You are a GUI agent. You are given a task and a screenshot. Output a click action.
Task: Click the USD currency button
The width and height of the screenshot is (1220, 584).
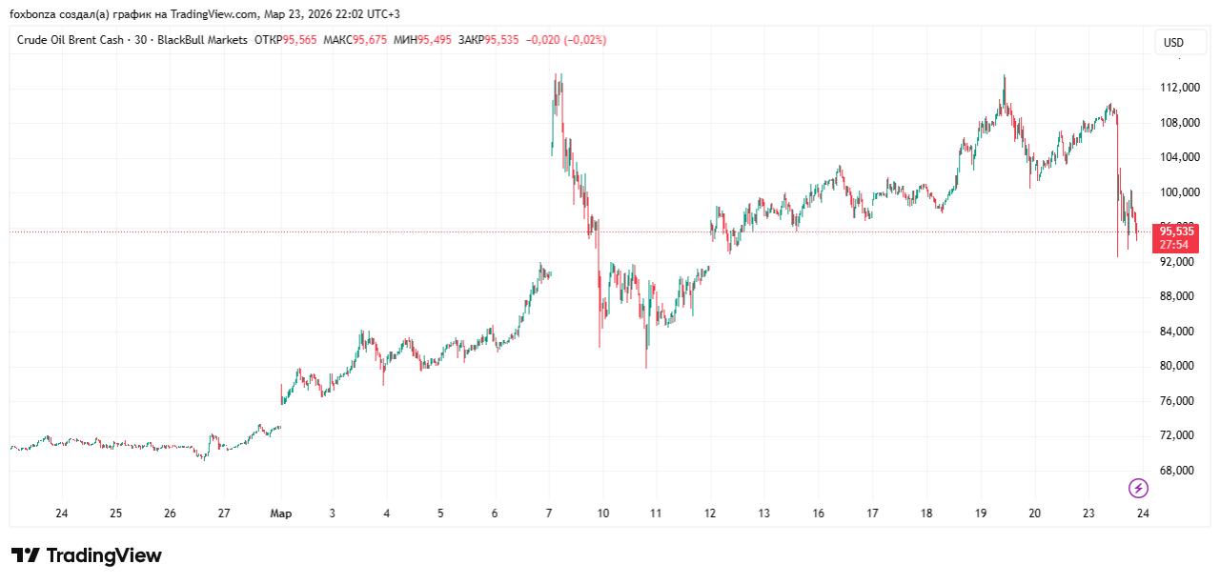pyautogui.click(x=1173, y=43)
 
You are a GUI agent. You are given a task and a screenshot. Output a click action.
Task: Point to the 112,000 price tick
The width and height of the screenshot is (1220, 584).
pyautogui.click(x=1179, y=88)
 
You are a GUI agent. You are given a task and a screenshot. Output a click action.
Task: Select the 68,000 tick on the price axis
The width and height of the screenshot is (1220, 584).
pyautogui.click(x=1179, y=471)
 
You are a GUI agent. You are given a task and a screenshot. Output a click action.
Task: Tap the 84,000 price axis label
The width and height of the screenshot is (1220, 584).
pyautogui.click(x=1179, y=332)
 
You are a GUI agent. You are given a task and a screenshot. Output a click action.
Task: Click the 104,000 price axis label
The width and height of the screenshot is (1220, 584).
pyautogui.click(x=1179, y=157)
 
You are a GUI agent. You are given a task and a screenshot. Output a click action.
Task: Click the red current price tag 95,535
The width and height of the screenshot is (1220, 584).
pyautogui.click(x=1176, y=231)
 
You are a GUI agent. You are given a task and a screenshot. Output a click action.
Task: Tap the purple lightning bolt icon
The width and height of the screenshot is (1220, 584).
pyautogui.click(x=1138, y=489)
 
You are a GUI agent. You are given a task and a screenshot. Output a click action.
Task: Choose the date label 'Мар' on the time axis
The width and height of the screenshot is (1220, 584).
pyautogui.click(x=281, y=514)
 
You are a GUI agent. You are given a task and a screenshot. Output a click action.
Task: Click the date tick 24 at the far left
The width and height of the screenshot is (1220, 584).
pyautogui.click(x=62, y=514)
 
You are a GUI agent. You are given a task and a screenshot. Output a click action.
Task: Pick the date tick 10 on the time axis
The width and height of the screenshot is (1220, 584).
pyautogui.click(x=603, y=514)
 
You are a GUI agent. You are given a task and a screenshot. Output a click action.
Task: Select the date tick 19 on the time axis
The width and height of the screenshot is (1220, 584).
pyautogui.click(x=981, y=514)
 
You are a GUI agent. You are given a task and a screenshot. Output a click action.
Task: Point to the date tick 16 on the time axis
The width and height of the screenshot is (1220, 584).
pyautogui.click(x=819, y=514)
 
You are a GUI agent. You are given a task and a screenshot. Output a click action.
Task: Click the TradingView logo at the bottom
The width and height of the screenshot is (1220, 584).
pyautogui.click(x=87, y=555)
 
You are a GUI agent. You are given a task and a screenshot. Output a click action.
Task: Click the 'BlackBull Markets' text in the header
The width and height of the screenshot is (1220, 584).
pyautogui.click(x=202, y=40)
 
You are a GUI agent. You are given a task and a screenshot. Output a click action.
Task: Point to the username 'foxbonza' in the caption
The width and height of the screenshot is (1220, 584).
pyautogui.click(x=31, y=14)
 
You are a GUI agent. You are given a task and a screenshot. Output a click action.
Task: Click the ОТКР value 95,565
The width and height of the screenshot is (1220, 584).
pyautogui.click(x=298, y=40)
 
